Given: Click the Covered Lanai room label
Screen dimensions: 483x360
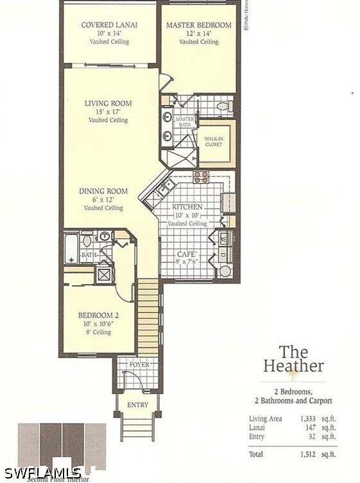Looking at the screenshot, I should click(109, 25).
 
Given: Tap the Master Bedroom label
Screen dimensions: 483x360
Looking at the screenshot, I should click(198, 25).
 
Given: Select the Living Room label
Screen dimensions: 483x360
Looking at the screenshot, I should click(108, 103).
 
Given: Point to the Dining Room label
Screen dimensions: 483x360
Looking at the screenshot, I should click(103, 191).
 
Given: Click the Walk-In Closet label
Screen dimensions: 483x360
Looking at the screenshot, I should click(214, 141).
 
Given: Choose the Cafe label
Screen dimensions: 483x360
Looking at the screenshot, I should click(187, 254).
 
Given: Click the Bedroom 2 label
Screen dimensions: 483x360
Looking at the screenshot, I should click(99, 316).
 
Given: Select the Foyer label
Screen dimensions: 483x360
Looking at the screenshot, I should click(139, 364).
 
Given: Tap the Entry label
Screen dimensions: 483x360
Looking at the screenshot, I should click(137, 405).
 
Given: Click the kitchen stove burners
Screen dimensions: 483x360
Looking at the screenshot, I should click(201, 176).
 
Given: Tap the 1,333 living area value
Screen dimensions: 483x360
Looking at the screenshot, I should click(309, 419).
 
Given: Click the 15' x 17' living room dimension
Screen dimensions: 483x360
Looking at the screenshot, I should click(108, 112).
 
